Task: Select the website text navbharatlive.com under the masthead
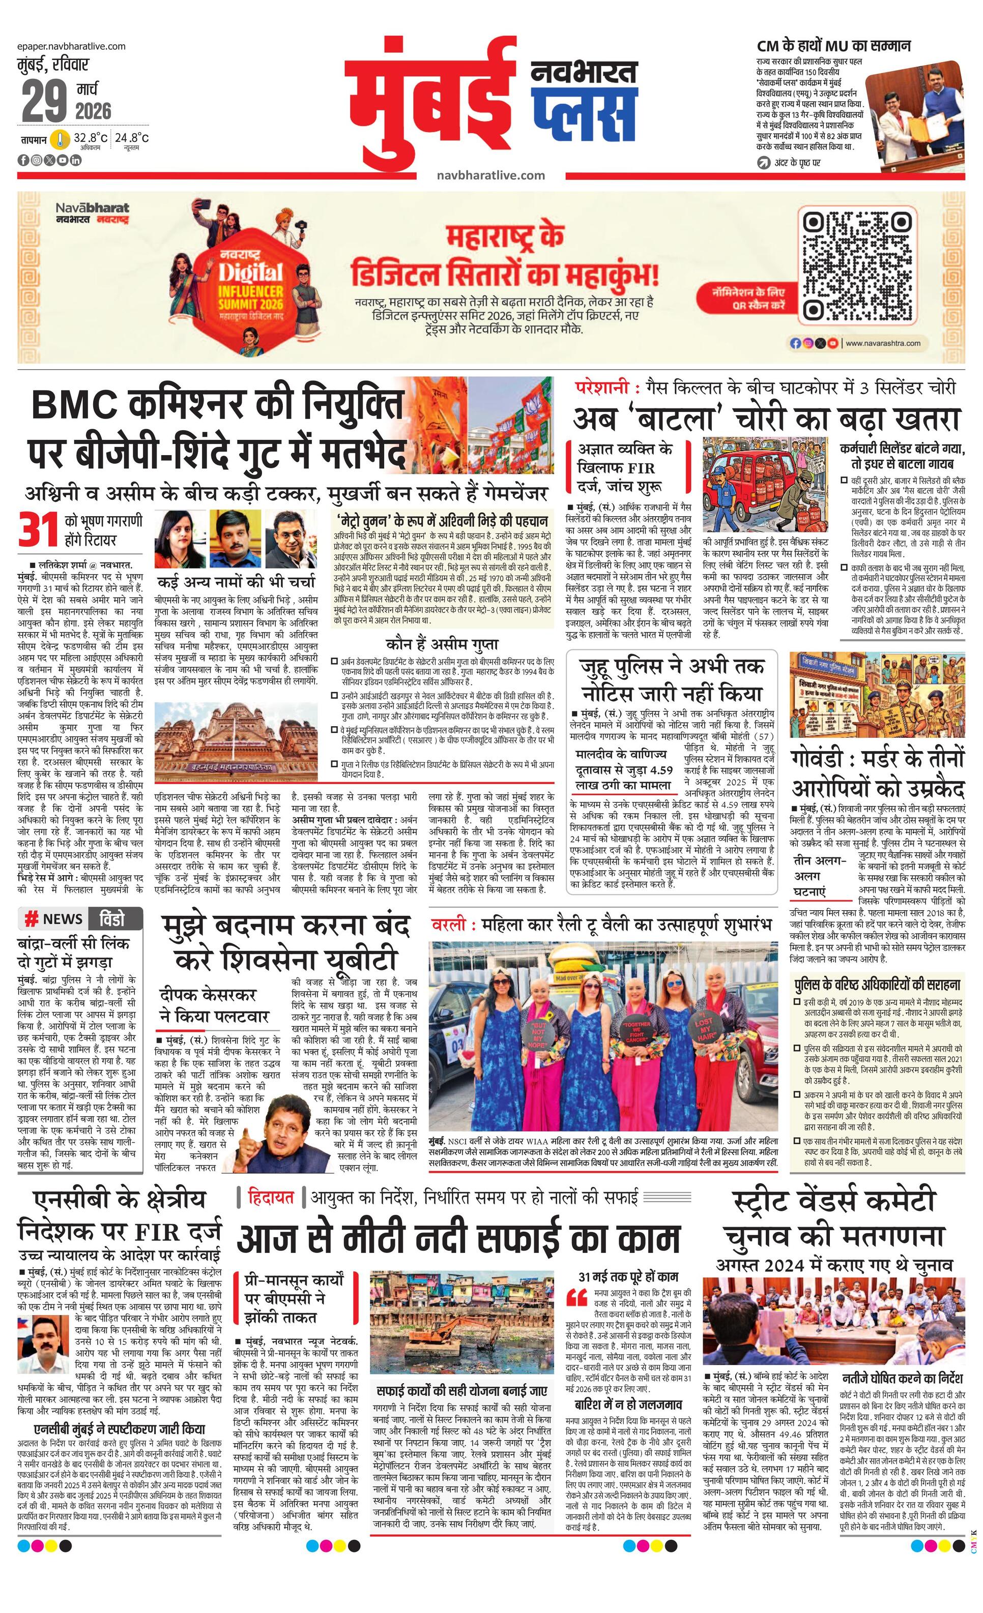[x=490, y=175]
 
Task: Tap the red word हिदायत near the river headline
[x=271, y=1198]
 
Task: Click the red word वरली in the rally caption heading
[x=449, y=925]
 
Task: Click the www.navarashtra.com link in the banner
[x=883, y=343]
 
